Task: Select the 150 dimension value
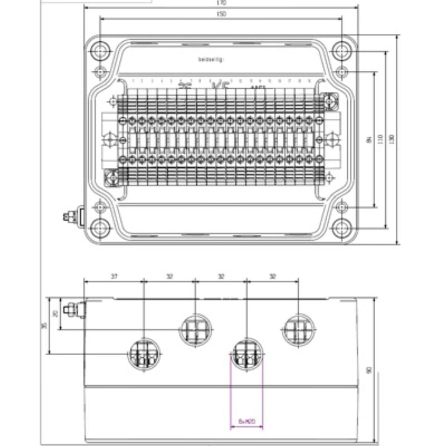222,14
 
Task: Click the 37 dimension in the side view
114,277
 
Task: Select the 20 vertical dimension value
55,314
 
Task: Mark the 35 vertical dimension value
44,326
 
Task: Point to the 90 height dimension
369,371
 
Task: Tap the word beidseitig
210,59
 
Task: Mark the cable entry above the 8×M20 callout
246,353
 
